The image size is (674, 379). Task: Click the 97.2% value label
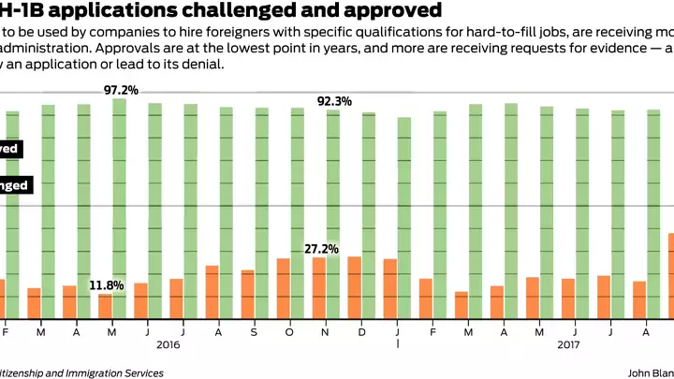click(x=121, y=90)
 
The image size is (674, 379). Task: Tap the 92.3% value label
click(x=334, y=101)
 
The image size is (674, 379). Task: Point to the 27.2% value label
click(x=321, y=249)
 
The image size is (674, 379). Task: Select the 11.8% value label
click(x=107, y=284)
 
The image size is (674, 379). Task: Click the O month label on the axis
click(x=290, y=332)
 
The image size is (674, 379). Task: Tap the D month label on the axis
click(x=362, y=332)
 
